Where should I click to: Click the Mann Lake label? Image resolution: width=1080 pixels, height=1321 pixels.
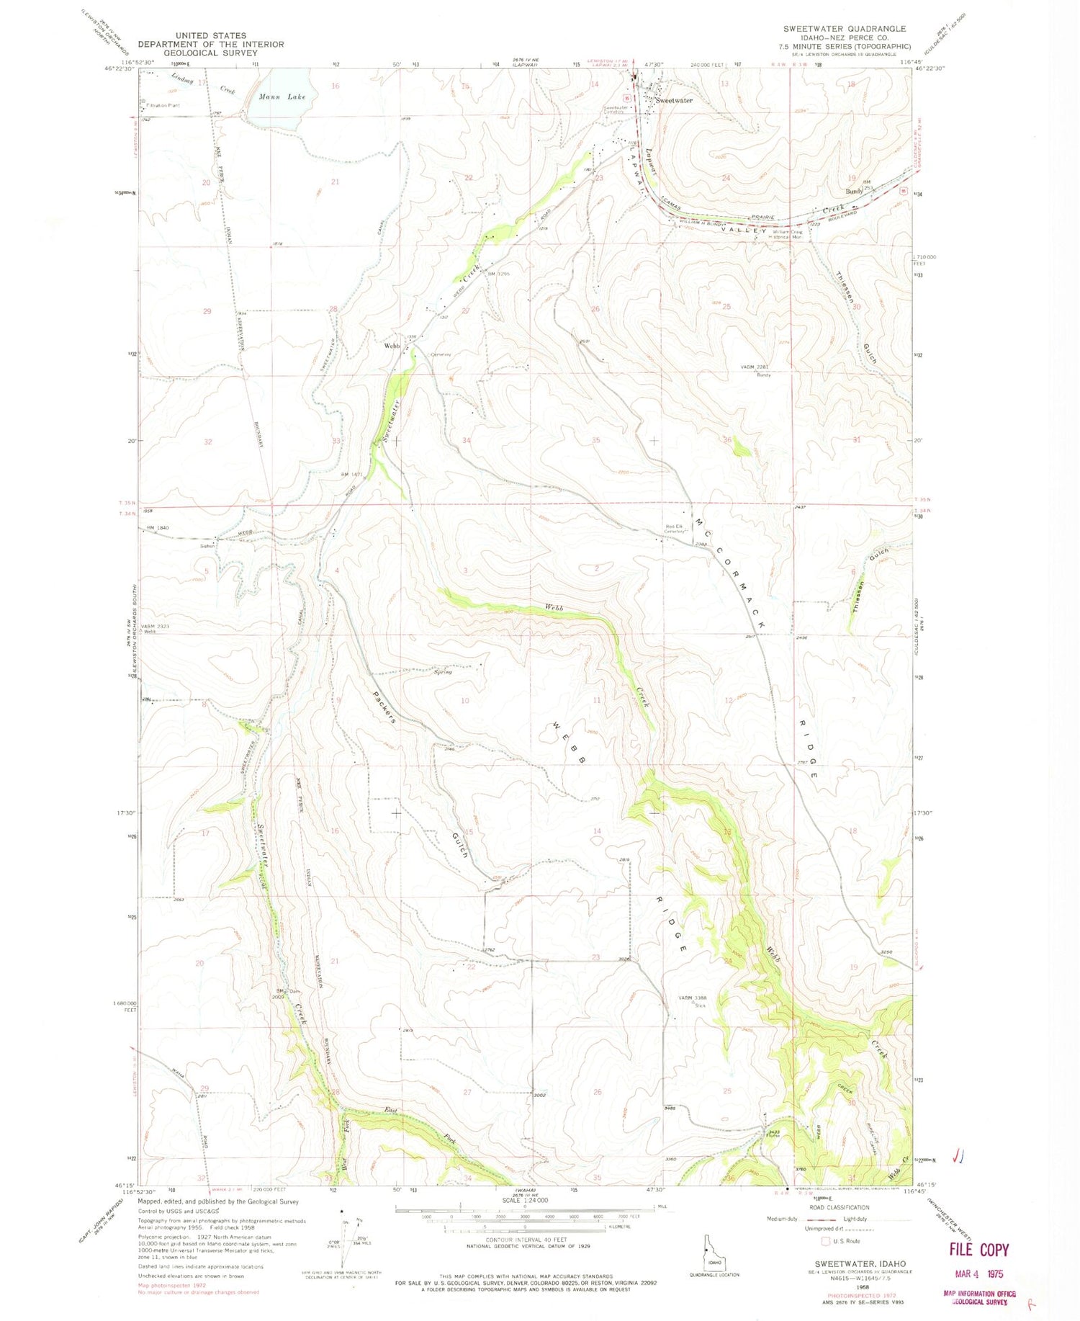(282, 97)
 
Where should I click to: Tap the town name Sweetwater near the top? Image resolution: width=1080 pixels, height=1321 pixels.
(675, 101)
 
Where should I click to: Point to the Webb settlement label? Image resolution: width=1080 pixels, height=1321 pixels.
(392, 346)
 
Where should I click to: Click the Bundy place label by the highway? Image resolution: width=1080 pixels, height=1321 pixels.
(854, 192)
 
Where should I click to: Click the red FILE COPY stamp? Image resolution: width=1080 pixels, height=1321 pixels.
(978, 1250)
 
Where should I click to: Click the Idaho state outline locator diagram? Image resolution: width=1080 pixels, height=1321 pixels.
(714, 1254)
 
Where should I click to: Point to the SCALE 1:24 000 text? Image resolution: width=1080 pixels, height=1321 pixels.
(525, 1201)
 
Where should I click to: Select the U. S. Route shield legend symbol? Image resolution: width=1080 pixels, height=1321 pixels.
(824, 1241)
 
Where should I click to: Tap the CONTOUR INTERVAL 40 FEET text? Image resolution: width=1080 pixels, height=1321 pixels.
(525, 1240)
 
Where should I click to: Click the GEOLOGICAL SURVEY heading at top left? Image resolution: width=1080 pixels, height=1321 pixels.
(210, 53)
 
